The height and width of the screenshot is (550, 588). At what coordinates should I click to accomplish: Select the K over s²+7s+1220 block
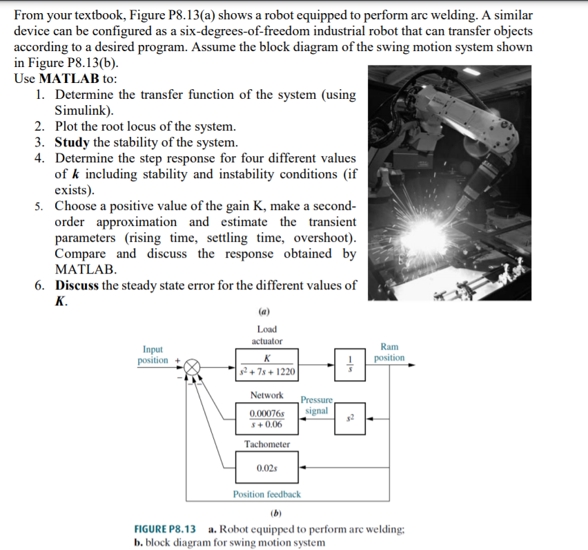[267, 366]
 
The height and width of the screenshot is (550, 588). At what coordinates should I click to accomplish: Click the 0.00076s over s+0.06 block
[267, 419]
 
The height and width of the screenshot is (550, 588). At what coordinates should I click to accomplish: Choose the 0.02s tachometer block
[267, 468]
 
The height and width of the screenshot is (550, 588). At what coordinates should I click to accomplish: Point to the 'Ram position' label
[389, 352]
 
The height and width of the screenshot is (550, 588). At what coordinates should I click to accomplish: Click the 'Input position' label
[153, 355]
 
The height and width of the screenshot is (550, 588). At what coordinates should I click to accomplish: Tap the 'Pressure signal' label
[317, 406]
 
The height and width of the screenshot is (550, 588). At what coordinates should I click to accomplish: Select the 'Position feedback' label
[267, 494]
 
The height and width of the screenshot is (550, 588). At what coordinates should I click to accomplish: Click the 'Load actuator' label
[266, 335]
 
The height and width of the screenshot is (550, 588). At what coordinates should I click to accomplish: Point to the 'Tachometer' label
[267, 444]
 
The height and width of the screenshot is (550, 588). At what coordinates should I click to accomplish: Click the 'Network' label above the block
[266, 395]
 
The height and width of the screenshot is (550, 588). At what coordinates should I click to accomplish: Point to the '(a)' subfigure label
[267, 312]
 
